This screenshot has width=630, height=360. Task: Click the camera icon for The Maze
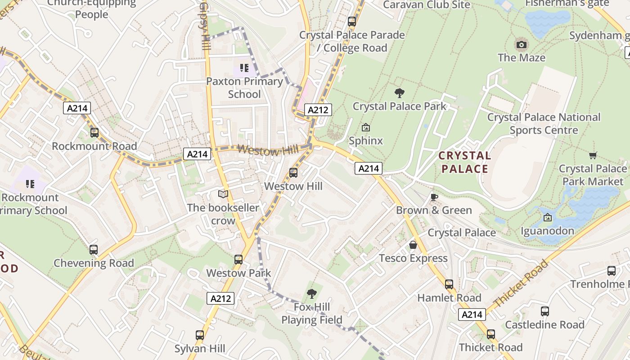click(x=522, y=45)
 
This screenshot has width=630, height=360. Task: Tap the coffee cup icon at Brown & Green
click(x=434, y=197)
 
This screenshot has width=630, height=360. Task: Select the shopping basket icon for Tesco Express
click(x=413, y=245)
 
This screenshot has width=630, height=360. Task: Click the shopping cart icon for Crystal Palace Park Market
click(x=593, y=156)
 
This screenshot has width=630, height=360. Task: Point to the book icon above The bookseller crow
click(x=223, y=194)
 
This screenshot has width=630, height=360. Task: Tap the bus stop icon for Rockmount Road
click(x=94, y=133)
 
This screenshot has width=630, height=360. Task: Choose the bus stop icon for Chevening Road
click(x=94, y=250)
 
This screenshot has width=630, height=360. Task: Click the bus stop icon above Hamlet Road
click(x=449, y=284)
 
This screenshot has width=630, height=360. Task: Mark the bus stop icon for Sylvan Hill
click(x=200, y=335)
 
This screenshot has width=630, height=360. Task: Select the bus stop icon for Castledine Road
click(x=545, y=311)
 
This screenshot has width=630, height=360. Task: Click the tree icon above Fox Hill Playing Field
click(x=311, y=294)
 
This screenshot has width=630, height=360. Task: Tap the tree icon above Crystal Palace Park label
click(x=399, y=93)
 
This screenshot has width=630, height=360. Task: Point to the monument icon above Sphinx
click(x=366, y=128)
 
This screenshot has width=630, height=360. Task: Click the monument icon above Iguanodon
click(x=548, y=218)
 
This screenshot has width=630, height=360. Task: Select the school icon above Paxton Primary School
click(x=244, y=68)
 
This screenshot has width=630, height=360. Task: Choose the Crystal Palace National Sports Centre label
click(x=544, y=124)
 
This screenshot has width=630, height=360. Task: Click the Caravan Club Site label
click(x=426, y=5)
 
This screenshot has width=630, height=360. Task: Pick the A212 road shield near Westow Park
click(x=220, y=298)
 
